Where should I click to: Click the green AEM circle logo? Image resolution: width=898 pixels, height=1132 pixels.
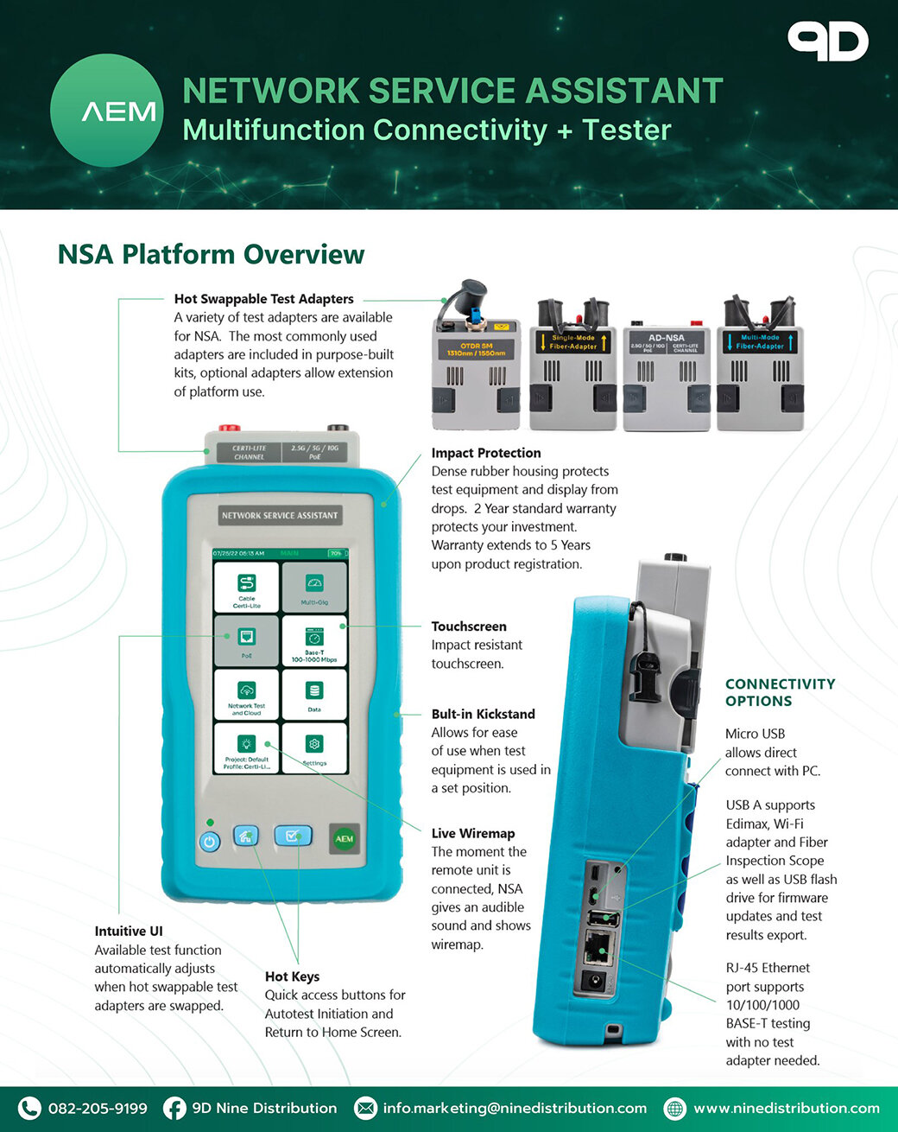coord(106,111)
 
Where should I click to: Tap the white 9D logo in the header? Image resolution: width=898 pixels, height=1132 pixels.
coord(827,42)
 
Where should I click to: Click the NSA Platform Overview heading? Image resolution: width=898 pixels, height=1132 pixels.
coord(211,254)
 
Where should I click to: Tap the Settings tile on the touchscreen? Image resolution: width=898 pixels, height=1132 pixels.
coord(314,748)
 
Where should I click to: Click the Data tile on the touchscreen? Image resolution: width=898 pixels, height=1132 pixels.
coord(314,695)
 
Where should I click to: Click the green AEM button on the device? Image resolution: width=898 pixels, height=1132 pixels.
coord(345,839)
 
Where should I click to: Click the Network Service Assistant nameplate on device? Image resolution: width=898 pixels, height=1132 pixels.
coord(280,515)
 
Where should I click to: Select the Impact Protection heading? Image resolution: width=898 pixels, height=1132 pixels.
coord(486,453)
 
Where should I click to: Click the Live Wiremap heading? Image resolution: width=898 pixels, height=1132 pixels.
coord(473,833)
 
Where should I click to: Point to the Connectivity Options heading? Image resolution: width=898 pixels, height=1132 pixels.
coord(780,692)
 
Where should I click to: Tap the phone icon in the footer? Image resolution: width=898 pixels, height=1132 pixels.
coord(29,1108)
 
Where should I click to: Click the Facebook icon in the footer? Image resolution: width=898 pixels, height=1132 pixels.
coord(174,1108)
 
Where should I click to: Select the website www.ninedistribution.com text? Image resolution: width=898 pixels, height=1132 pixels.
coord(786,1108)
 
